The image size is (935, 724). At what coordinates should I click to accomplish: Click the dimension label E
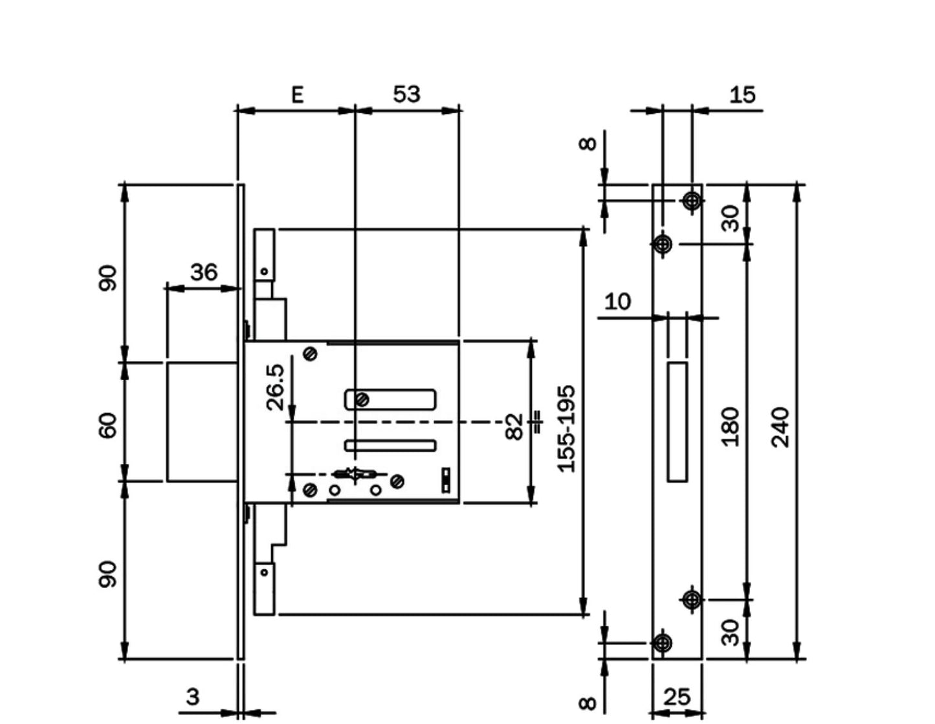pyautogui.click(x=298, y=94)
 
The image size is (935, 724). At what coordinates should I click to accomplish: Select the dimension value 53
pyautogui.click(x=406, y=94)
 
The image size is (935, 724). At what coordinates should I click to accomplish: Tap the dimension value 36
pyautogui.click(x=204, y=272)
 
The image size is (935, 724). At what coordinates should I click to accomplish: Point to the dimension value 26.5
pyautogui.click(x=276, y=387)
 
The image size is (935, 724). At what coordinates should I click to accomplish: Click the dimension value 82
pyautogui.click(x=514, y=427)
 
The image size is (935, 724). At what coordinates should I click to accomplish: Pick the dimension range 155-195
pyautogui.click(x=566, y=430)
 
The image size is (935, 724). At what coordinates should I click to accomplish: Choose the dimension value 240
pyautogui.click(x=780, y=428)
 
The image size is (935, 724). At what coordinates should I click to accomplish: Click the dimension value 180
pyautogui.click(x=730, y=427)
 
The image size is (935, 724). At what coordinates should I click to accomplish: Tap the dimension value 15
pyautogui.click(x=742, y=94)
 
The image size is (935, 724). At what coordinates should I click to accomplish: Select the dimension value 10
pyautogui.click(x=617, y=302)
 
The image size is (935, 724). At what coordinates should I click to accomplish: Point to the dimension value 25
pyautogui.click(x=677, y=697)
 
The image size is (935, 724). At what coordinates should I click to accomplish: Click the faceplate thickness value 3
pyautogui.click(x=193, y=696)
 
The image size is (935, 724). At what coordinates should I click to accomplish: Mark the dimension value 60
pyautogui.click(x=107, y=426)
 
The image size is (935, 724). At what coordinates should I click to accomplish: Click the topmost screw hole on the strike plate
pyautogui.click(x=692, y=201)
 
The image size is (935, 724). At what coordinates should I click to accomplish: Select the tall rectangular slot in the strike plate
pyautogui.click(x=677, y=422)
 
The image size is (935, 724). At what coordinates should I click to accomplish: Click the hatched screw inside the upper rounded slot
pyautogui.click(x=362, y=400)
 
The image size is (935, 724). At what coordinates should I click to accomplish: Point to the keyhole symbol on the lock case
pyautogui.click(x=355, y=475)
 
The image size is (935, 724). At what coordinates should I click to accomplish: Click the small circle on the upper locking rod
pyautogui.click(x=264, y=272)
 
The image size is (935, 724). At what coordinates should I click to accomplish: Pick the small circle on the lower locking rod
pyautogui.click(x=264, y=572)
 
